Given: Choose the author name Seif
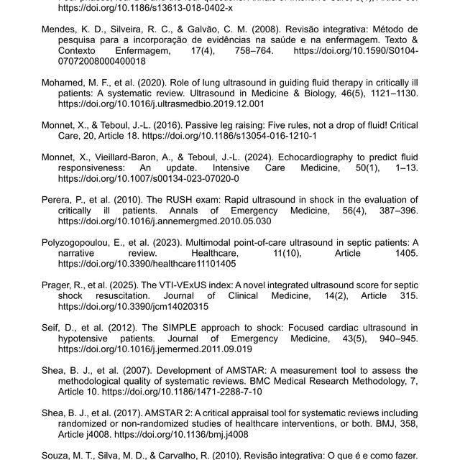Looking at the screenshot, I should tap(51, 328).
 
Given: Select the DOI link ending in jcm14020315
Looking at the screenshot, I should tap(143, 306).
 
